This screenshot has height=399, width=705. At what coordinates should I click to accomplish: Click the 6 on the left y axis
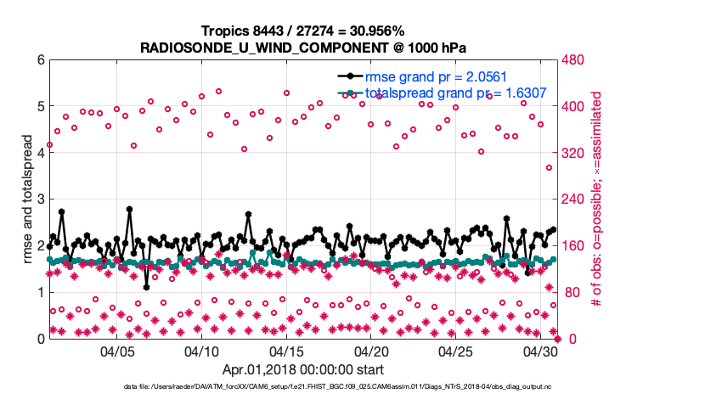point(40,60)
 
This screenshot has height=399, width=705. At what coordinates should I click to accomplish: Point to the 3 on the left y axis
point(40,199)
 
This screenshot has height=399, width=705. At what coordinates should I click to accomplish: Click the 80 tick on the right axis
point(571,292)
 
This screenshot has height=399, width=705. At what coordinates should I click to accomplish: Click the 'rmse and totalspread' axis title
point(26,199)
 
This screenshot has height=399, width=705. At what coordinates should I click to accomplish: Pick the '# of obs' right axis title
point(596,199)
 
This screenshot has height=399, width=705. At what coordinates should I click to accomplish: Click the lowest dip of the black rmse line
point(146,287)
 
